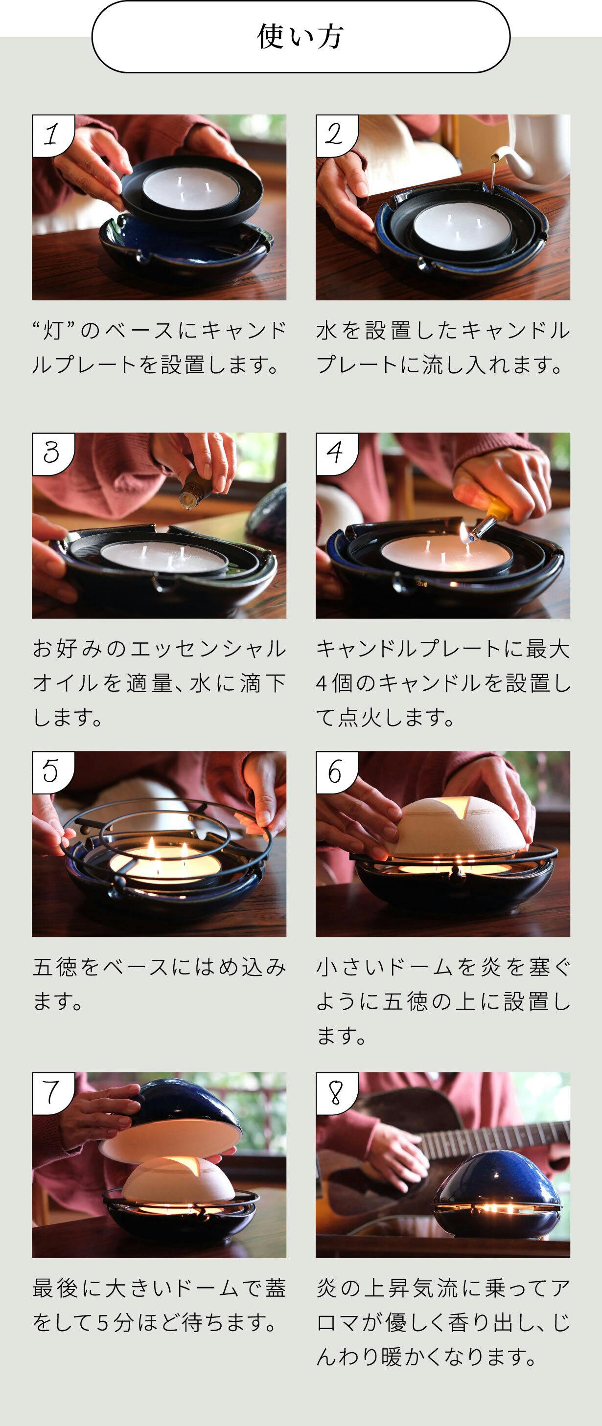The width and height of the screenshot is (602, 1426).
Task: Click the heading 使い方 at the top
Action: coord(301,37)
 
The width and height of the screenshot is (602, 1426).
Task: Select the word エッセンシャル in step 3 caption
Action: coord(208,649)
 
